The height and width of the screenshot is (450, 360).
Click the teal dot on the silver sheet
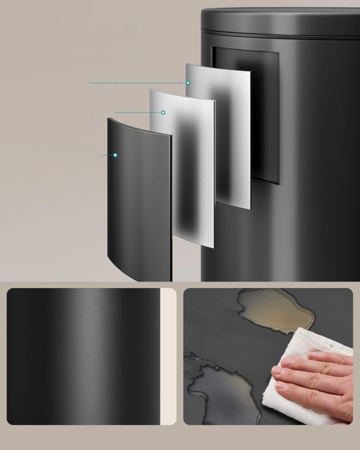point(188,82)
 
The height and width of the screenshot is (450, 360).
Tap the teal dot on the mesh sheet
point(163,113)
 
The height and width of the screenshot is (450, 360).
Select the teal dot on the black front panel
point(115,155)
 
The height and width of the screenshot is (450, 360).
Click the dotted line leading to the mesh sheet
point(138,113)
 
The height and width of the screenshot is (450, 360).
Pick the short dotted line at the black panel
point(107,155)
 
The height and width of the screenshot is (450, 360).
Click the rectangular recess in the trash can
point(267,116)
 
